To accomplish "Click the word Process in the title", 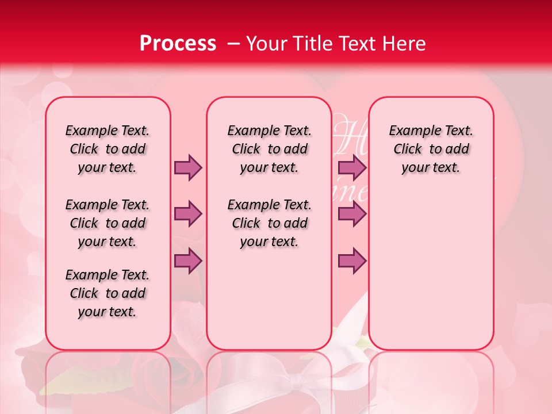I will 177,43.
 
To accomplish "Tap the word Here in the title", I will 404,44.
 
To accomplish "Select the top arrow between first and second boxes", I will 187,167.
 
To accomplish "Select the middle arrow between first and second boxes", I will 187,214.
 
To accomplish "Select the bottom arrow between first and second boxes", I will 187,260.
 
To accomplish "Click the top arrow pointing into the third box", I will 352,167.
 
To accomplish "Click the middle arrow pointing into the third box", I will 352,214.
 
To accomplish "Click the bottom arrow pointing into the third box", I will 352,260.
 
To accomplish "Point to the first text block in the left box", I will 108,149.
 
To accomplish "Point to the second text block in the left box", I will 108,223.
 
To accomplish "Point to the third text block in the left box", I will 108,293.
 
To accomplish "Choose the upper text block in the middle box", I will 269,149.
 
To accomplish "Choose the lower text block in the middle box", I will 269,223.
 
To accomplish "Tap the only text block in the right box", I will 431,149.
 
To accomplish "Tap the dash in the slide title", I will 233,44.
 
